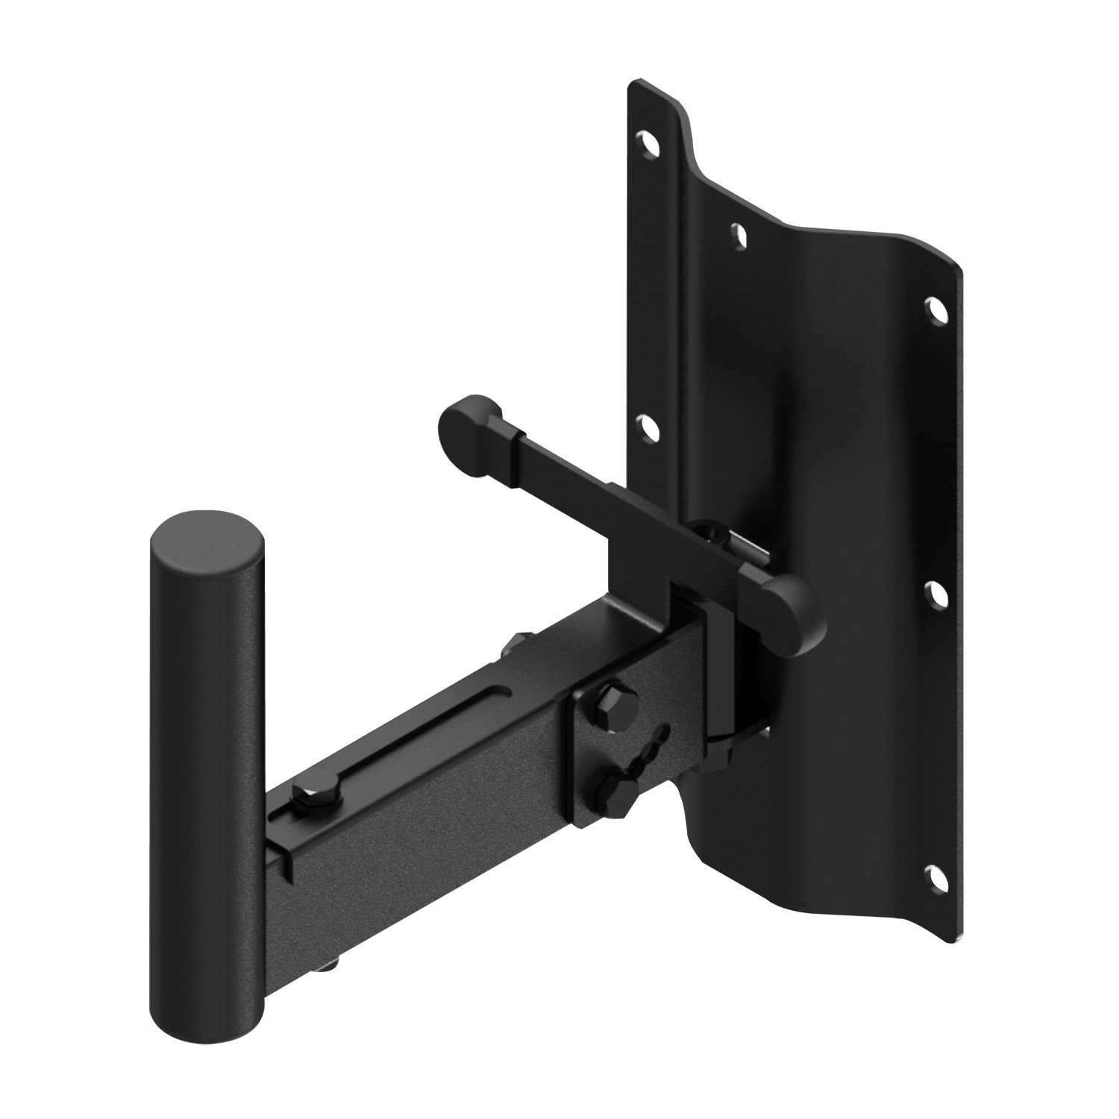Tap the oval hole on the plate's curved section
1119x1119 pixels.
739,234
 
